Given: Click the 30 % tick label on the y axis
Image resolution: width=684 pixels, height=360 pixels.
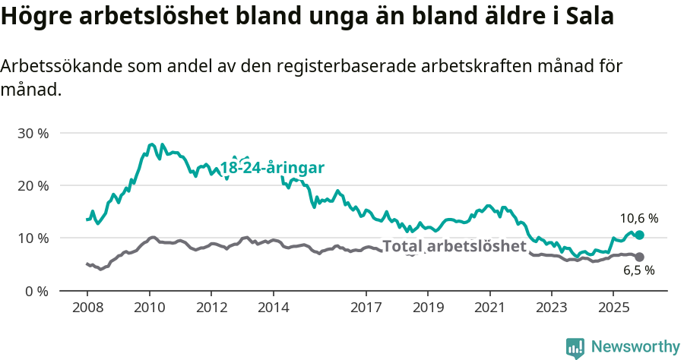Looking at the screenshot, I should coord(33,133).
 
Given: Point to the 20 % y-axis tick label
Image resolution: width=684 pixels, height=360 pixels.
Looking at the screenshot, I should coord(33,185).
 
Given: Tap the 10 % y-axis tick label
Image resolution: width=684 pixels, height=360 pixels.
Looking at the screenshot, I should coord(33,238).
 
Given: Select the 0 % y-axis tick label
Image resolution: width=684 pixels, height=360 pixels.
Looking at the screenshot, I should coord(36,291).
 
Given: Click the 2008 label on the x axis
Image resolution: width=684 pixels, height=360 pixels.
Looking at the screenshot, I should coord(87,308).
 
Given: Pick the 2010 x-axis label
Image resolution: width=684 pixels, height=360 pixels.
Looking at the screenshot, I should coord(149,308).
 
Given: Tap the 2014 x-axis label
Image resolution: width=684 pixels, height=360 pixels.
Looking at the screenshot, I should coord(273,308).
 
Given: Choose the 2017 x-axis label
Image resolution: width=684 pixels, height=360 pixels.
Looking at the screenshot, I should coord(366,308).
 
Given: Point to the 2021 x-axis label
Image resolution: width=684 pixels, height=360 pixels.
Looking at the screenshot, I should coord(489,308).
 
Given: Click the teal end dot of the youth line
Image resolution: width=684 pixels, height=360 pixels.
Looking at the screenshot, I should coord(639,235).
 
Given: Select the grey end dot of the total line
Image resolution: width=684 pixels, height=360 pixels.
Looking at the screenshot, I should coord(639,257).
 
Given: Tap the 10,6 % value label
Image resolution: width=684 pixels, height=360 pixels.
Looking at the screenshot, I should coord(638,218).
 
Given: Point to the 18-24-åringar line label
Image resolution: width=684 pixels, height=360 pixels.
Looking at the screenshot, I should coord(272,168).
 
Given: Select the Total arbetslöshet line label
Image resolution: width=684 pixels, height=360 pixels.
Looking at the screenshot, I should coord(454,246).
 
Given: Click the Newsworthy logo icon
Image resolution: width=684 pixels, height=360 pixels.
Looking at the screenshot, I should coord(575,347).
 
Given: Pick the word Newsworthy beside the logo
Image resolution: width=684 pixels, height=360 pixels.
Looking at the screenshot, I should coord(635,347).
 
